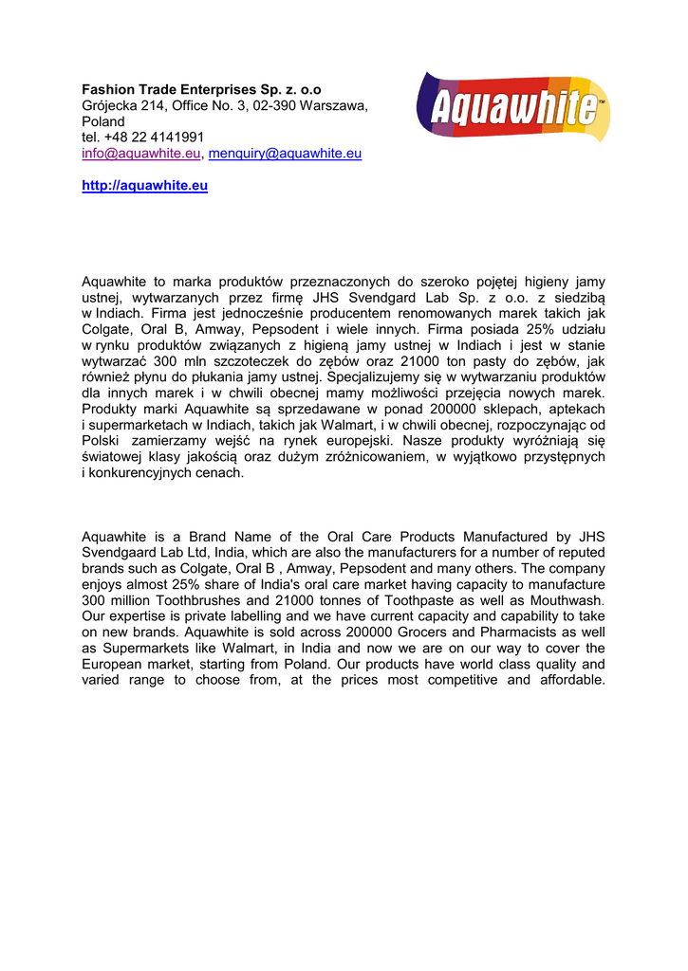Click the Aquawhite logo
pyautogui.click(x=512, y=107)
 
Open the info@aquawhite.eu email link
pyautogui.click(x=140, y=154)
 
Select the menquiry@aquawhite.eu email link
pyautogui.click(x=285, y=154)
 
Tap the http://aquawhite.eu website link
pyautogui.click(x=144, y=186)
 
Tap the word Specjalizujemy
pyautogui.click(x=372, y=376)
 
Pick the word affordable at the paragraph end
pyautogui.click(x=567, y=680)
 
